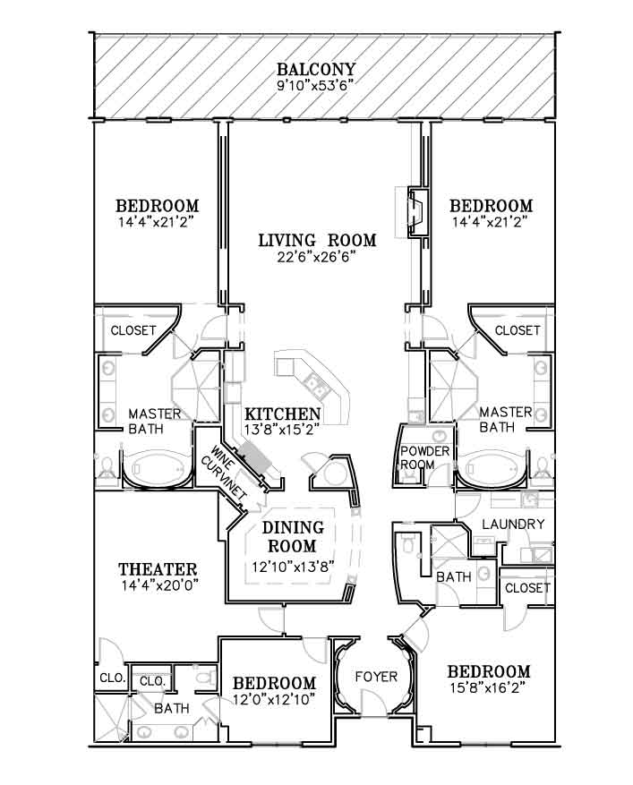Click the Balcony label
click(x=316, y=69)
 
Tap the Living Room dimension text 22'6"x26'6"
click(x=316, y=257)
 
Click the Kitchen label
click(x=282, y=414)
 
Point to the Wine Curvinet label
click(x=224, y=472)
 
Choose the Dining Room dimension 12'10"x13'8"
click(x=293, y=567)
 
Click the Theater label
click(x=158, y=569)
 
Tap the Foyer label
click(x=376, y=677)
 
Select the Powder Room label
click(x=424, y=457)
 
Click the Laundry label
click(x=513, y=525)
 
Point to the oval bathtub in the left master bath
click(x=156, y=470)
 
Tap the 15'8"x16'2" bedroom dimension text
click(x=488, y=687)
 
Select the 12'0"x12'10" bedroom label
click(x=275, y=691)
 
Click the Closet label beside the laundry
click(x=527, y=588)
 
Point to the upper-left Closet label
click(x=133, y=330)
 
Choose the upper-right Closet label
click(x=518, y=330)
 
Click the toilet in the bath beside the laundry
click(x=407, y=542)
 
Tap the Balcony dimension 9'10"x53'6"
click(x=316, y=86)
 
